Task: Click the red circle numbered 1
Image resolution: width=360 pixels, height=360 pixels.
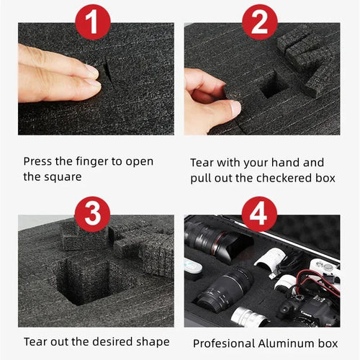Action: pos(93,22)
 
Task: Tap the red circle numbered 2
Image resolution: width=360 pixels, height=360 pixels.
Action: pos(260,22)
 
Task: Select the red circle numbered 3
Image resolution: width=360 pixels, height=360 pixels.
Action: pos(93,214)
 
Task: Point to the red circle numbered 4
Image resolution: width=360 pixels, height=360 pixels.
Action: pos(259,214)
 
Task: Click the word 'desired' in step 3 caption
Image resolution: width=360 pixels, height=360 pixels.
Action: pos(112,341)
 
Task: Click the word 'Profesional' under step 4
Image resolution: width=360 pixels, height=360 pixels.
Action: pos(224,343)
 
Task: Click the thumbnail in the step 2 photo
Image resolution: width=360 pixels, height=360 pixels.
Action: pos(235,109)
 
